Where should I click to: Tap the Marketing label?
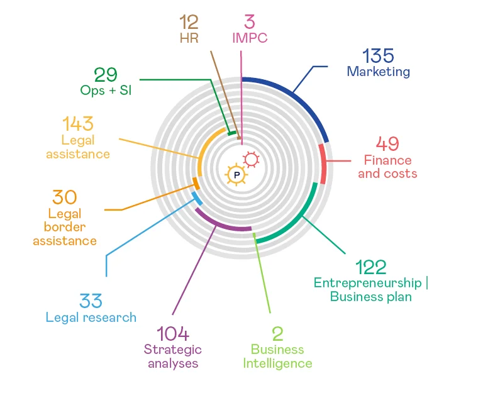tap(378, 72)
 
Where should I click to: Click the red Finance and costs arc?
tap(323, 163)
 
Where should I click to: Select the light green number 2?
tap(277, 333)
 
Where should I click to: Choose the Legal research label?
tap(91, 317)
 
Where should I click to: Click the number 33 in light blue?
tap(91, 301)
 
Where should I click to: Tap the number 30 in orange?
tap(65, 197)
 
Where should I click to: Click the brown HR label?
tap(189, 38)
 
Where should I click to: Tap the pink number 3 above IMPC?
tap(250, 23)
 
